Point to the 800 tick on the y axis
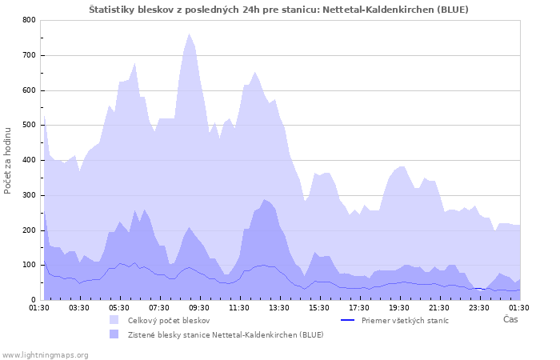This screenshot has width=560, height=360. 29,20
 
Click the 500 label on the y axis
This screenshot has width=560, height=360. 29,125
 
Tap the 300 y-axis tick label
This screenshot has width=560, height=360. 29,195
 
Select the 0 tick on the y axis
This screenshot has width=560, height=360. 33,300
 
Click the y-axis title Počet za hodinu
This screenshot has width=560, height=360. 8,160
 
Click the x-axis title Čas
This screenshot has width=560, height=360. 510,320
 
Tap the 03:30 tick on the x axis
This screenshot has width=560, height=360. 79,307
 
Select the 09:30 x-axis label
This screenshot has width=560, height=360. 199,307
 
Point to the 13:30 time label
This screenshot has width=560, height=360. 279,307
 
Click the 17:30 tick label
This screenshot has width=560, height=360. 359,307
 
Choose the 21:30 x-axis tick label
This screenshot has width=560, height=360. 439,307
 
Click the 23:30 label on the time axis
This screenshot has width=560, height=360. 479,307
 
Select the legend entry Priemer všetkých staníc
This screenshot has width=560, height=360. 405,320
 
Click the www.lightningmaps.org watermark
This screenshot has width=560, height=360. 45,354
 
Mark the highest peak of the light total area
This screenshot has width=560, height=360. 190,34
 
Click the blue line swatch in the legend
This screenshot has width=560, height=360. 347,320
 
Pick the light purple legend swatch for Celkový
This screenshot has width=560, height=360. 115,320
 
